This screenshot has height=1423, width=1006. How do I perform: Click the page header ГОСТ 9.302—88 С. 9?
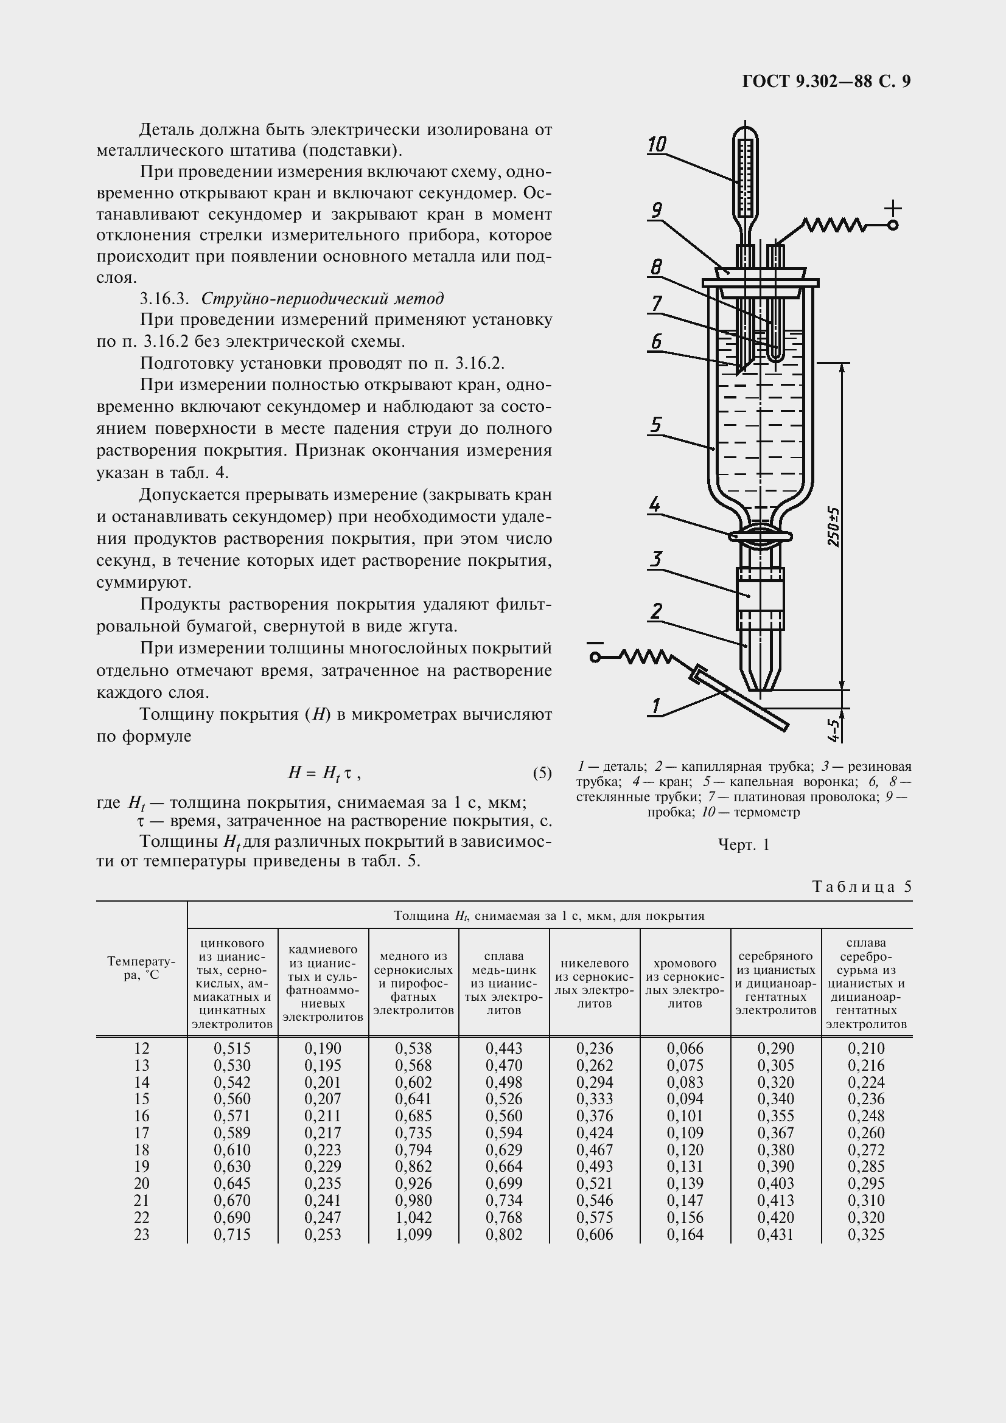click(x=826, y=82)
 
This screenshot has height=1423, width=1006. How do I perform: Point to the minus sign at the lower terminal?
click(x=595, y=644)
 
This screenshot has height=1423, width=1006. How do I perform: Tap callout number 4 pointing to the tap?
click(x=654, y=504)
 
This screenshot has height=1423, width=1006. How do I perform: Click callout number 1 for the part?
click(x=655, y=706)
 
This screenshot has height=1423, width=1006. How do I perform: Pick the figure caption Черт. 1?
click(x=743, y=845)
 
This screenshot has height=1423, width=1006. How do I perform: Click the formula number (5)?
click(x=542, y=773)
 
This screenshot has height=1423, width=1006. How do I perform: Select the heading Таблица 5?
click(x=862, y=887)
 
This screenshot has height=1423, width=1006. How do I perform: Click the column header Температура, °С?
click(x=141, y=967)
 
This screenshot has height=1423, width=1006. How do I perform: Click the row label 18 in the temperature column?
click(x=141, y=1150)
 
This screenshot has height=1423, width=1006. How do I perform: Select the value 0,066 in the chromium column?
click(x=685, y=1048)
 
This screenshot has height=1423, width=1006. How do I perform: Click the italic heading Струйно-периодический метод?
click(x=323, y=299)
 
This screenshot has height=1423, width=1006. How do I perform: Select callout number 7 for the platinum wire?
click(x=656, y=304)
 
